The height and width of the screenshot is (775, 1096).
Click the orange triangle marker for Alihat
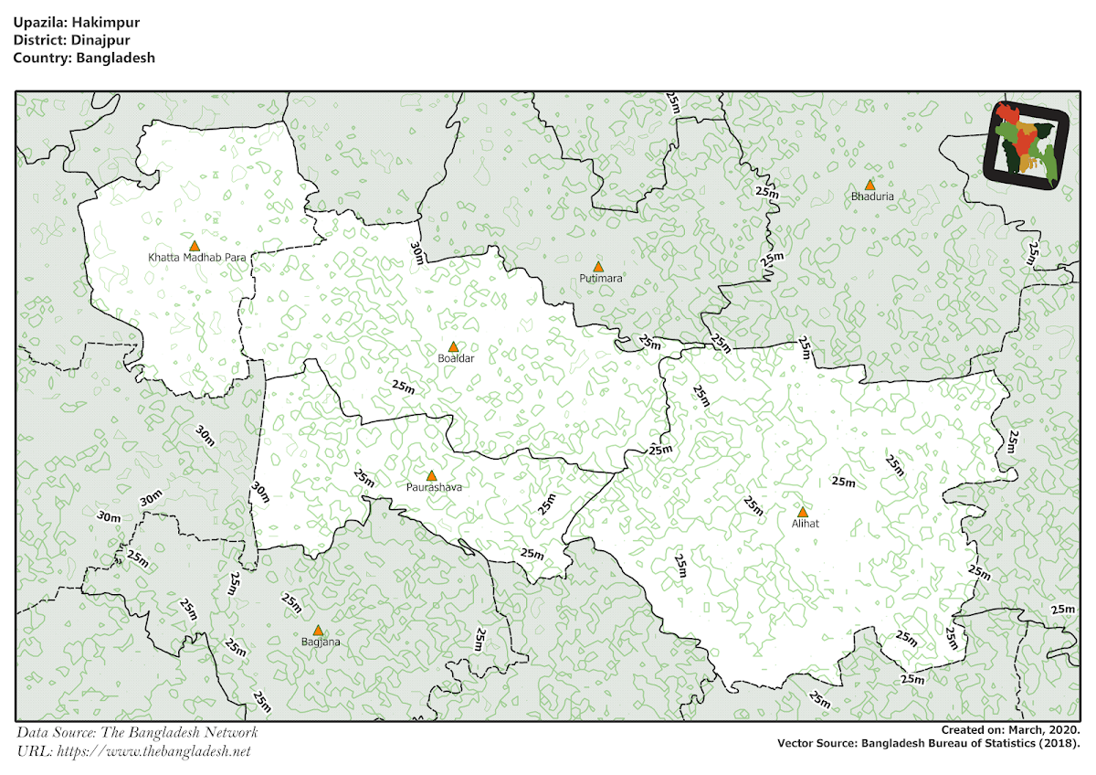(x=803, y=513)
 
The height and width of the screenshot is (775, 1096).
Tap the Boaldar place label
(x=456, y=359)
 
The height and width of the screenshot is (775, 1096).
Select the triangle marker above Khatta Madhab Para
(x=194, y=246)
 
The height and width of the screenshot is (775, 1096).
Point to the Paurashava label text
(x=434, y=488)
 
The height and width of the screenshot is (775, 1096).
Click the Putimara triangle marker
(x=598, y=267)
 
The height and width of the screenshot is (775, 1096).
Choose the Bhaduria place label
(x=871, y=196)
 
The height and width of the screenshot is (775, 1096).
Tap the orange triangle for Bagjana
(x=318, y=631)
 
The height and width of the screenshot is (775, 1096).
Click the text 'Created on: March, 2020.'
(x=1011, y=729)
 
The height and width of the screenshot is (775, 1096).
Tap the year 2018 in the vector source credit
(x=1059, y=744)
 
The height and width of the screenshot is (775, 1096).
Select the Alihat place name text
(x=805, y=525)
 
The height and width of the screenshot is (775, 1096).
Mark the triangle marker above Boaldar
(x=453, y=347)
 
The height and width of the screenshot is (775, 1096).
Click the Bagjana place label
(x=320, y=642)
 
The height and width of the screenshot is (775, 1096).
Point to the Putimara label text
(x=600, y=278)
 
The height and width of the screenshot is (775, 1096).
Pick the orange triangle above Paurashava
(x=432, y=476)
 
